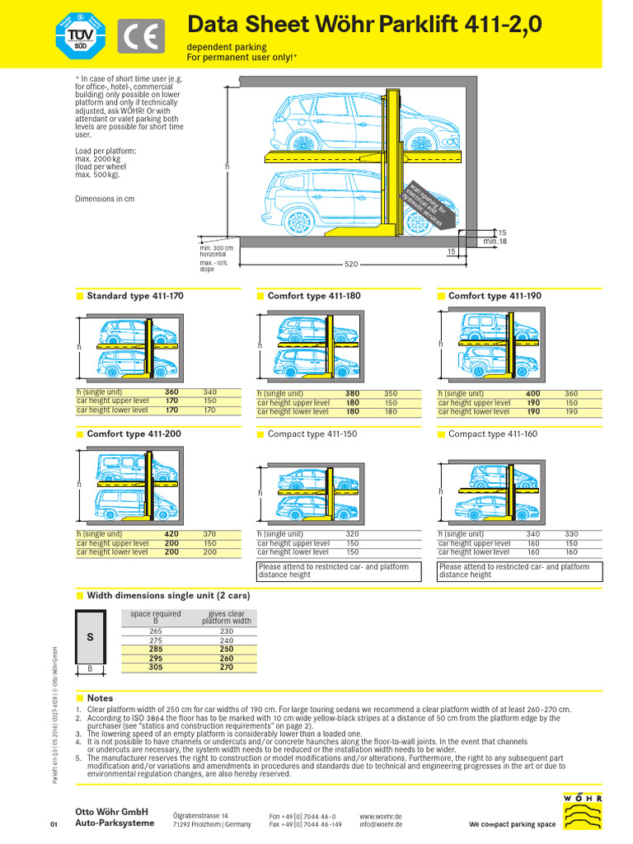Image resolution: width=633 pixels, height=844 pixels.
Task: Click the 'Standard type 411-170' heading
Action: [x=135, y=295]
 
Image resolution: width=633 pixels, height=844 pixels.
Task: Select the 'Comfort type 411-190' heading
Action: [x=495, y=296]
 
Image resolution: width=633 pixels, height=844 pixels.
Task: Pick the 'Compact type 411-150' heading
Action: [x=314, y=434]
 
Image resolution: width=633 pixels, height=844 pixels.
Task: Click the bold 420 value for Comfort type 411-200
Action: [x=171, y=534]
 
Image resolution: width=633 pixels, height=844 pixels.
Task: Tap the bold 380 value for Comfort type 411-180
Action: [x=352, y=394]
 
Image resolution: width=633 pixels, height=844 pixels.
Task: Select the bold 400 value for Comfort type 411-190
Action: [x=533, y=394]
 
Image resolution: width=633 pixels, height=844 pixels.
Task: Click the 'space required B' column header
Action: [x=156, y=617]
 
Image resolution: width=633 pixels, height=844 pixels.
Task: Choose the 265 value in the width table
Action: [x=156, y=631]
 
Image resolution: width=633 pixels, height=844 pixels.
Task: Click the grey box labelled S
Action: [x=91, y=637]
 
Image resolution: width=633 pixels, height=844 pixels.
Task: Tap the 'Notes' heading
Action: [x=100, y=698]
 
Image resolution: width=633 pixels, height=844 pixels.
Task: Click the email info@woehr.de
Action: [x=381, y=824]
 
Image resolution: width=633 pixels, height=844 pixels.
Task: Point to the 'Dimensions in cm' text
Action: [x=105, y=199]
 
